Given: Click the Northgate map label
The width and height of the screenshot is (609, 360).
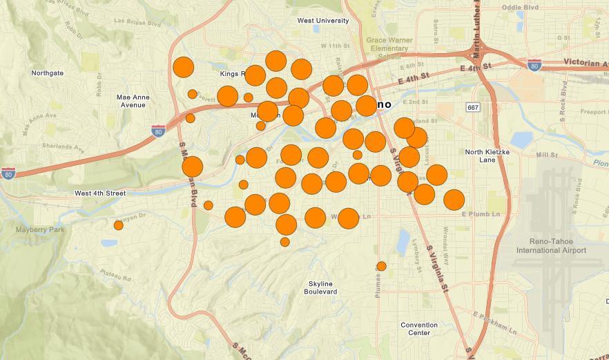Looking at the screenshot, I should [47, 73].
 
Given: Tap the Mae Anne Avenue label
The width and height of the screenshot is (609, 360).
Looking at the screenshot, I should [131, 101].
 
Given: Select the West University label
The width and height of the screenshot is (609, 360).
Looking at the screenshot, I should [322, 21].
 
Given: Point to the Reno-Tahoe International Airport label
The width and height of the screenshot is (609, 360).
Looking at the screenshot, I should [550, 245].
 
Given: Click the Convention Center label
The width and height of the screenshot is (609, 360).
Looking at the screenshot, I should [418, 328].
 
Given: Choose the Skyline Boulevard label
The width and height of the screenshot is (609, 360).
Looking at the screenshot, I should [321, 287].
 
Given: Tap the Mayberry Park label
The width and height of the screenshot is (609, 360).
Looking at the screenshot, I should [41, 229].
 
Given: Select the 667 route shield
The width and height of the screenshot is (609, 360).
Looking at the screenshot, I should [473, 107].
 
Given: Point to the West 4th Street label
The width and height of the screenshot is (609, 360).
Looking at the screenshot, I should [100, 193].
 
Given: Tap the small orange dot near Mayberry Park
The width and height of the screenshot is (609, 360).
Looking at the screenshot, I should [118, 225].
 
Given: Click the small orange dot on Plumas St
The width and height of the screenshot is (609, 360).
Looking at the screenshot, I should [381, 266].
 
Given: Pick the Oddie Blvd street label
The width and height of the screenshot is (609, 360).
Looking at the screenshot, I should [519, 8].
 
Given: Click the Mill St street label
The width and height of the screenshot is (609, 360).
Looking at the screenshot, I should [546, 155].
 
